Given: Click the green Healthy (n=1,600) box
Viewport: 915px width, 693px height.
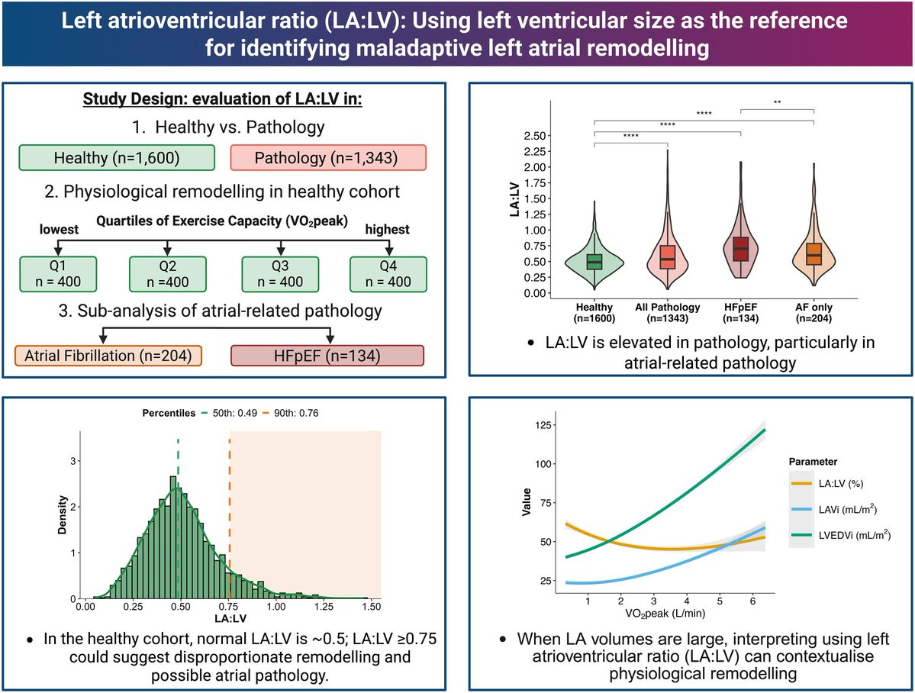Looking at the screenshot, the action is pyautogui.click(x=117, y=158).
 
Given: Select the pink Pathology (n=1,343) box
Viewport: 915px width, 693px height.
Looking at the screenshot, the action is pyautogui.click(x=328, y=158).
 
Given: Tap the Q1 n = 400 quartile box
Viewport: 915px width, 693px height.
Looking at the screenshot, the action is pyautogui.click(x=58, y=274).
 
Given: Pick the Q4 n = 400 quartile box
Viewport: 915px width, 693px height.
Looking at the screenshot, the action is pyautogui.click(x=388, y=274).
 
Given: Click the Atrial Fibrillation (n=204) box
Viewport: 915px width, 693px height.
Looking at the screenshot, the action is pyautogui.click(x=108, y=356).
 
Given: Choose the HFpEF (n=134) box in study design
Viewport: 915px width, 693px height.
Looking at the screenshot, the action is pyautogui.click(x=327, y=356).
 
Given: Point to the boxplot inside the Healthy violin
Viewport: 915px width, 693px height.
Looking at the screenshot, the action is pyautogui.click(x=594, y=262).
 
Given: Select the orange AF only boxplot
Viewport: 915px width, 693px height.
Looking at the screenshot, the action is pyautogui.click(x=814, y=254).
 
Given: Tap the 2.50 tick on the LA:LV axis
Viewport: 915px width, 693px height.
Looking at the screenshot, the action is pyautogui.click(x=534, y=136).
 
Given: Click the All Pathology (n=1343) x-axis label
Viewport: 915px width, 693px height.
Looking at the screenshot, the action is pyautogui.click(x=667, y=312).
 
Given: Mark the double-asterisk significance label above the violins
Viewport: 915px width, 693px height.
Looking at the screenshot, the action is pyautogui.click(x=778, y=103).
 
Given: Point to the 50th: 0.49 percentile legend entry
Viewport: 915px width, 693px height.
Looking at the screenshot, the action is pyautogui.click(x=229, y=413).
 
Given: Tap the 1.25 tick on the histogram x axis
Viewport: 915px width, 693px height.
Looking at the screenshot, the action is pyautogui.click(x=324, y=607).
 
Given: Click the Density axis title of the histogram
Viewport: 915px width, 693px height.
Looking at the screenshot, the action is pyautogui.click(x=63, y=515).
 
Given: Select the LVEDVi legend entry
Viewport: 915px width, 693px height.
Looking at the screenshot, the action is pyautogui.click(x=841, y=535).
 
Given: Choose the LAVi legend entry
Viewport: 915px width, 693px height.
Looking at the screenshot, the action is pyautogui.click(x=834, y=509).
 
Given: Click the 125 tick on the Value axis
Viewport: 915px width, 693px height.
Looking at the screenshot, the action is pyautogui.click(x=543, y=425).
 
